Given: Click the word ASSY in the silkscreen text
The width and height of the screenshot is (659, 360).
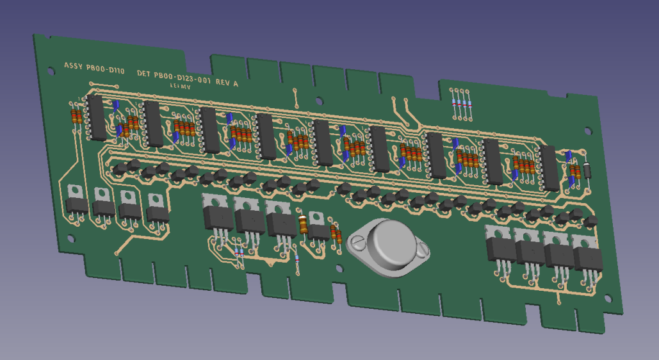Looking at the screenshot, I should [73, 66].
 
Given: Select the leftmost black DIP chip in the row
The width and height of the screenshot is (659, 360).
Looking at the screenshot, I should [96, 118].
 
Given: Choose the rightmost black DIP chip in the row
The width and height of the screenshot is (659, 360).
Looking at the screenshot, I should [549, 168].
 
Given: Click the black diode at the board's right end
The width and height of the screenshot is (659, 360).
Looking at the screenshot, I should [587, 170].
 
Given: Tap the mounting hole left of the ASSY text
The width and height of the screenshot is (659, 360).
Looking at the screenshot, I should [51, 69].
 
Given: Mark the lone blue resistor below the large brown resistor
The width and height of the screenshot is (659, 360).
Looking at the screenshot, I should [297, 258].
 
